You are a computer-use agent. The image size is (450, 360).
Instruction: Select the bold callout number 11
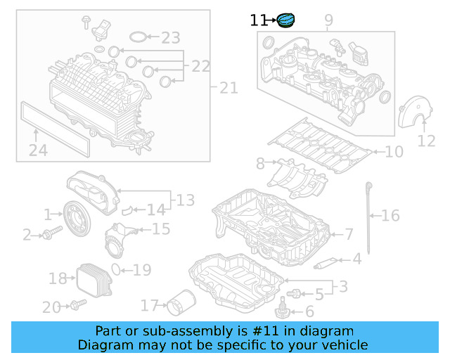coord(258,21)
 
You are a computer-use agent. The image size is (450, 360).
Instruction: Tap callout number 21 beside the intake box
coord(229,88)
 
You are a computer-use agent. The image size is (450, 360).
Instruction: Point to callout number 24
coord(39,150)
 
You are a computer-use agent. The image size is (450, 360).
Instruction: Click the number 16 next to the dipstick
coord(390,216)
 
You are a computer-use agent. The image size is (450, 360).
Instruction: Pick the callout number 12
coord(426,141)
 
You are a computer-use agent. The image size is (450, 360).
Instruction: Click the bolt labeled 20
coord(76,305)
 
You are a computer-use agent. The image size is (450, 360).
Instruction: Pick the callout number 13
coord(185,201)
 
